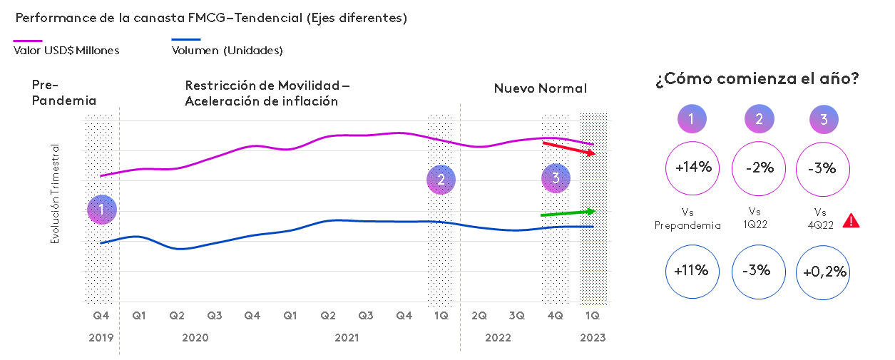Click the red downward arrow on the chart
pyautogui.click(x=569, y=148)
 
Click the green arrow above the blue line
pyautogui.click(x=568, y=212)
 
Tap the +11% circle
pyautogui.click(x=692, y=271)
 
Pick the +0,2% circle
pyautogui.click(x=824, y=271)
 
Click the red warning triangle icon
pyautogui.click(x=851, y=220)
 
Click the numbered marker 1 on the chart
pyautogui.click(x=101, y=210)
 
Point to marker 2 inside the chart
pyautogui.click(x=441, y=180)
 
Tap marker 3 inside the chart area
pyautogui.click(x=556, y=178)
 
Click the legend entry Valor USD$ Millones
pyautogui.click(x=66, y=50)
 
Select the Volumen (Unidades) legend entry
pyautogui.click(x=227, y=50)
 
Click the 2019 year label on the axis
pyautogui.click(x=101, y=338)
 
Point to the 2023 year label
pyautogui.click(x=592, y=338)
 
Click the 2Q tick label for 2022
pyautogui.click(x=479, y=315)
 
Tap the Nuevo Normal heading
pyautogui.click(x=540, y=88)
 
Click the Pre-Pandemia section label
pyautogui.click(x=63, y=93)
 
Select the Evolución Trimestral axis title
pyautogui.click(x=55, y=194)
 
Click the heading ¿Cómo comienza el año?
pyautogui.click(x=757, y=80)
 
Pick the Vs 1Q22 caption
pyautogui.click(x=758, y=219)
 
